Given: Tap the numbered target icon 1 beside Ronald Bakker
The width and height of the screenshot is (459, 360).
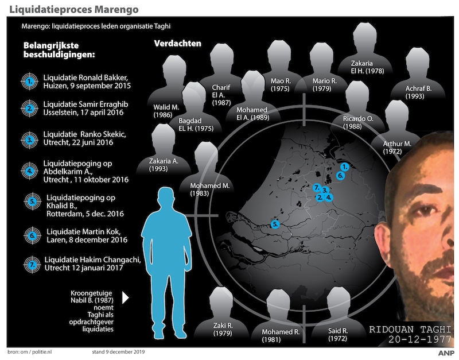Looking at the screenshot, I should click(29, 82).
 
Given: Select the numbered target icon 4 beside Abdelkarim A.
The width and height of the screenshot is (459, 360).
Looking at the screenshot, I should click(29, 169).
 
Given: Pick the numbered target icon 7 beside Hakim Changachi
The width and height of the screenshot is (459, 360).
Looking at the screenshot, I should click(29, 264).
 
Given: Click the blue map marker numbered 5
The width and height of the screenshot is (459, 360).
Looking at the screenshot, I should click(275, 224).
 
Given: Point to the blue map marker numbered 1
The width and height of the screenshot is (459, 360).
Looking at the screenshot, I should click(344, 166).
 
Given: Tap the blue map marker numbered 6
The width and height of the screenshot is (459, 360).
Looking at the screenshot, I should click(340, 175).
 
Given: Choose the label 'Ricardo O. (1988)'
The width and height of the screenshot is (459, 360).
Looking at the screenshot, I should click(358, 122).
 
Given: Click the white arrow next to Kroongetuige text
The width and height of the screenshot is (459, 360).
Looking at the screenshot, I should click(126, 298).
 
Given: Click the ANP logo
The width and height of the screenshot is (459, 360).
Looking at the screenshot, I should click(445, 352).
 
